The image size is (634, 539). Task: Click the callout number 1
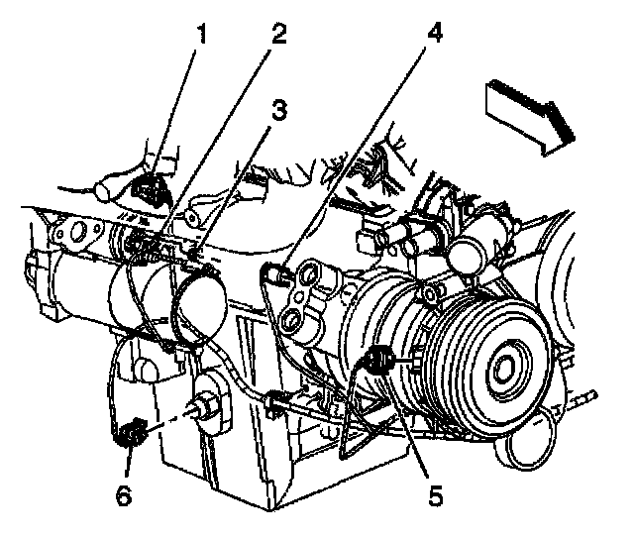(201, 38)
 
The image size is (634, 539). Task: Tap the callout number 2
(279, 37)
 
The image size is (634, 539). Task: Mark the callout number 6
(124, 493)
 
